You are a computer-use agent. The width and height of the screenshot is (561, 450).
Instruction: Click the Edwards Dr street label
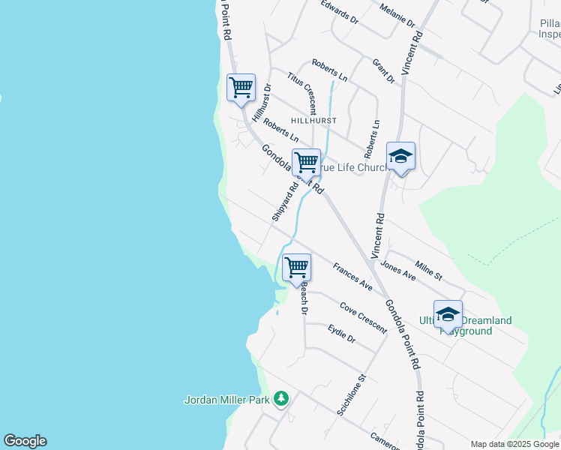click(339, 12)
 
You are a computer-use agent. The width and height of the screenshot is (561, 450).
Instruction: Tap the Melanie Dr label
click(397, 15)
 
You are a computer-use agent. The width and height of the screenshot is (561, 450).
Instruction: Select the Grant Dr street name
click(383, 71)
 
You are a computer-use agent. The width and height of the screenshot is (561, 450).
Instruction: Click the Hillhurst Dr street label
click(262, 103)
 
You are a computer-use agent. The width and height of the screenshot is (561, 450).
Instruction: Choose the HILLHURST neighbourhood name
click(313, 120)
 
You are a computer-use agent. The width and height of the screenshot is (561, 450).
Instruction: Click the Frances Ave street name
click(352, 276)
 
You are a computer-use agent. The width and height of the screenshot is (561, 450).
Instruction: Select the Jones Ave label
click(397, 270)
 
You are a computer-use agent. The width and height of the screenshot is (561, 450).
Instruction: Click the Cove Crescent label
click(363, 317)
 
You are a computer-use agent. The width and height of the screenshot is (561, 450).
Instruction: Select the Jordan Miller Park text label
click(226, 400)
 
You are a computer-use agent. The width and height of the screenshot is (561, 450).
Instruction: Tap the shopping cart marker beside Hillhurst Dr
click(241, 87)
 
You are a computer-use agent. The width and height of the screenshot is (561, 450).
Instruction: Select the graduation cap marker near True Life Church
click(400, 156)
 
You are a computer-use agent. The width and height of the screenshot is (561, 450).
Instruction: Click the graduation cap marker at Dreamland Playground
click(448, 314)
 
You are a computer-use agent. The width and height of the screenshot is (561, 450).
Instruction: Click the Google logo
click(25, 441)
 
